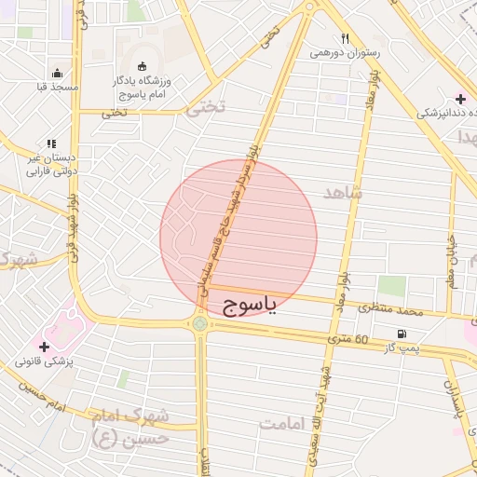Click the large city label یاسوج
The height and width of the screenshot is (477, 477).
point(251,307)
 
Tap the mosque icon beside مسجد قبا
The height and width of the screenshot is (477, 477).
point(58,74)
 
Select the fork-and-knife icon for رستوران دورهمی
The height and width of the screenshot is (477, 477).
point(345,39)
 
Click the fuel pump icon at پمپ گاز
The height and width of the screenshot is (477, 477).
point(402,334)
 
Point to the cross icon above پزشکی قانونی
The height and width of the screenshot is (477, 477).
point(44,346)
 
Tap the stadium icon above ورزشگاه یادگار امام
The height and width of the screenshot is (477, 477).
point(142,66)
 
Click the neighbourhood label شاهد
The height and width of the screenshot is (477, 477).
point(342,193)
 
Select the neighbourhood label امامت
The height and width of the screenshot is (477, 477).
point(285,424)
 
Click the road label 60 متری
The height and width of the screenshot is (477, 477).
point(350,338)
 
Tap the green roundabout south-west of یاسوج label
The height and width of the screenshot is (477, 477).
point(199,323)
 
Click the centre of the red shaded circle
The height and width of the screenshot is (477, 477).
point(238,238)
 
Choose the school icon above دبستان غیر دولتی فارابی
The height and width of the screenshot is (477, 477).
point(51,144)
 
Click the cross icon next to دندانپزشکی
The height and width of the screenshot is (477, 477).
point(460,99)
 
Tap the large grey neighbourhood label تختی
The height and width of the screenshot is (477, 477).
point(206,108)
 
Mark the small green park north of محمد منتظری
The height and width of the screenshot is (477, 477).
point(391,286)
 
